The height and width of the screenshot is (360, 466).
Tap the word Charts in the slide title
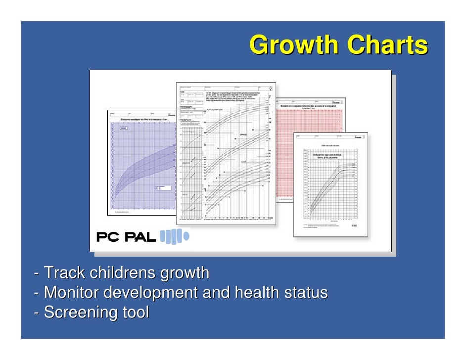(387, 45)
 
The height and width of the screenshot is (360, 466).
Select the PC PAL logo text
(126, 238)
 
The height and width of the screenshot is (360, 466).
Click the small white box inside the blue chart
(163, 188)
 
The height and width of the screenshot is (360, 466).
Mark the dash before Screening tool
(37, 313)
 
